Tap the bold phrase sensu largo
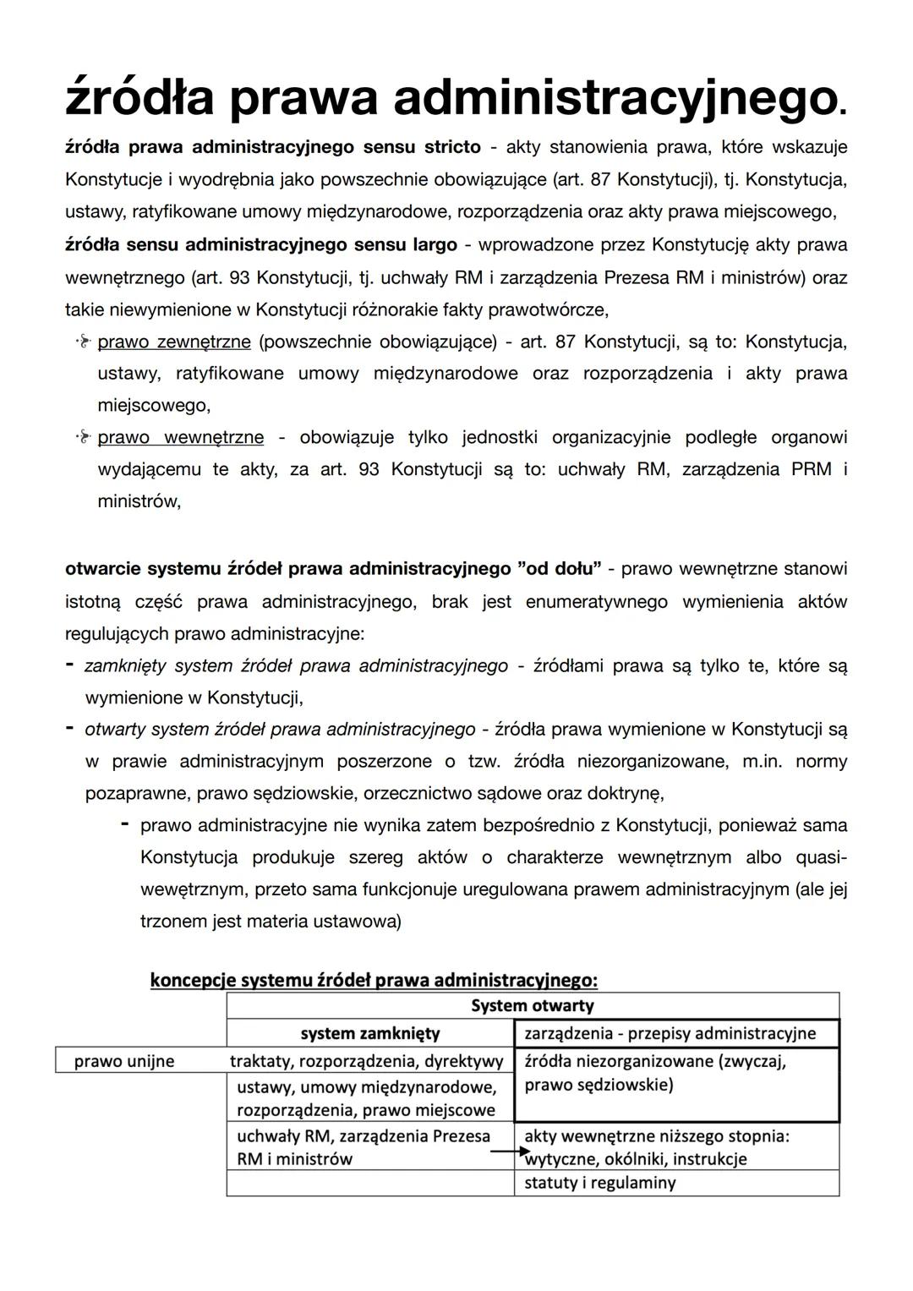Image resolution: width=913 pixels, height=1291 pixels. pyautogui.click(x=410, y=245)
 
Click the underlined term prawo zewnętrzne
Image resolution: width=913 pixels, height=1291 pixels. pyautogui.click(x=174, y=342)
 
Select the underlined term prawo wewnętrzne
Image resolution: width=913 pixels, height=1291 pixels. pyautogui.click(x=180, y=438)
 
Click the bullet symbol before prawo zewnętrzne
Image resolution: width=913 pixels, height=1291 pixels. pyautogui.click(x=82, y=342)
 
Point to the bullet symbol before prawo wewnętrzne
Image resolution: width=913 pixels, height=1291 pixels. pyautogui.click(x=82, y=438)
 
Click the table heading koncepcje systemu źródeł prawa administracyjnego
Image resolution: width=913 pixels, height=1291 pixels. pyautogui.click(x=374, y=980)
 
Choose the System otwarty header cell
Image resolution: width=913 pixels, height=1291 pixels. pyautogui.click(x=532, y=1006)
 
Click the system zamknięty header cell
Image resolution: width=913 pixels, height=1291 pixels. pyautogui.click(x=370, y=1033)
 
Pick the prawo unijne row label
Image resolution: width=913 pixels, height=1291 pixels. pyautogui.click(x=124, y=1061)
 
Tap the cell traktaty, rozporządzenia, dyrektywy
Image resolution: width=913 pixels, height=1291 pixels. pyautogui.click(x=367, y=1061)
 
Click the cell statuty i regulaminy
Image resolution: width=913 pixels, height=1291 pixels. pyautogui.click(x=600, y=1183)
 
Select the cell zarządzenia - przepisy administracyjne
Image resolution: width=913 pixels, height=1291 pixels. pyautogui.click(x=670, y=1033)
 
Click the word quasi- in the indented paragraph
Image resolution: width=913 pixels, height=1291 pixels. pyautogui.click(x=820, y=857)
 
